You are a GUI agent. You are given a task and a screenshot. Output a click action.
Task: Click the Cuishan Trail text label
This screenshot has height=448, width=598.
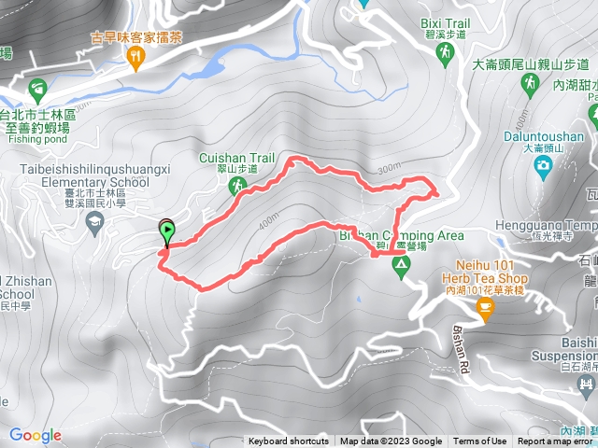(x=230, y=159)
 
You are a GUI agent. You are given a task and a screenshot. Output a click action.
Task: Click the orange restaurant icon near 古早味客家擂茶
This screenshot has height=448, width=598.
(x=136, y=59)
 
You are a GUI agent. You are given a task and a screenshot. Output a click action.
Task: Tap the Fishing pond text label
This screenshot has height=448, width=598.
(x=34, y=140)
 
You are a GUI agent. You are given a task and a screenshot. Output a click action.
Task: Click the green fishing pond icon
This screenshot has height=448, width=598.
(x=37, y=91)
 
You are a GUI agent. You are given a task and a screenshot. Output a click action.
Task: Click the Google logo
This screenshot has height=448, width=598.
(x=35, y=435)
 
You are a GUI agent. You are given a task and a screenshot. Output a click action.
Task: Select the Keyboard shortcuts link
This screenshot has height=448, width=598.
(x=288, y=441)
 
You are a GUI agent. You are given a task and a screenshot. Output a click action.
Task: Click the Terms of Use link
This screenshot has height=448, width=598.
(x=480, y=441)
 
